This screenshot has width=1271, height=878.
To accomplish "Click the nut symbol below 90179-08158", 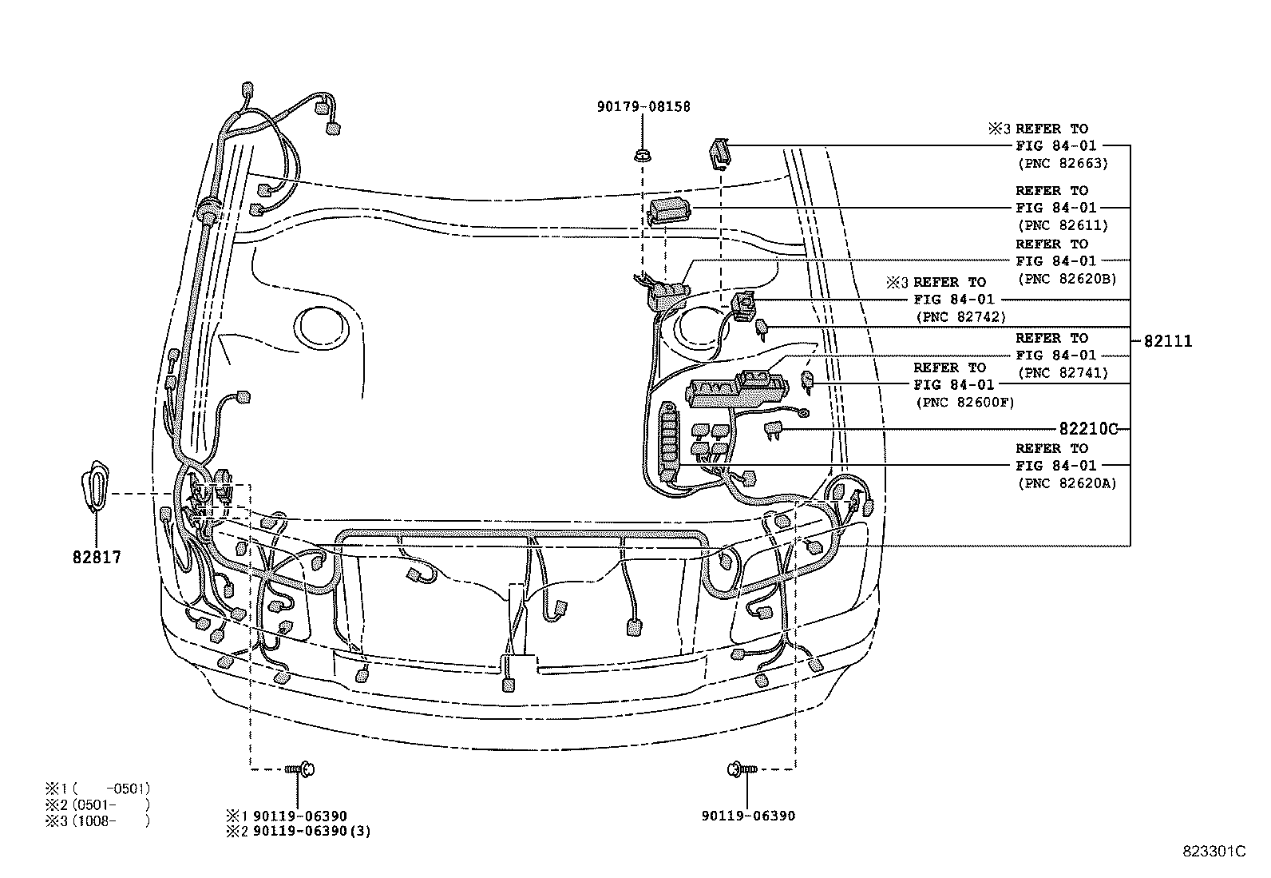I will pyautogui.click(x=641, y=153).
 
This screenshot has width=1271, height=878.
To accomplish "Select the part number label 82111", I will pyautogui.click(x=1167, y=341).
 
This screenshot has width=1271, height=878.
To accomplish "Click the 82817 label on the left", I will pyautogui.click(x=96, y=557).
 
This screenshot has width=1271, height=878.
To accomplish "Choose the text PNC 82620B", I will pyautogui.click(x=1067, y=279).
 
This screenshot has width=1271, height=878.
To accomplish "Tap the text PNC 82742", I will pyautogui.click(x=961, y=316).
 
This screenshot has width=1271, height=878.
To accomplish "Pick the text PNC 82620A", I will pyautogui.click(x=1067, y=483).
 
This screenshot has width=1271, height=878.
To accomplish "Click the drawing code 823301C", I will pyautogui.click(x=1214, y=851).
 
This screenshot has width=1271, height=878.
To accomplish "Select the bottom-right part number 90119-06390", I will pyautogui.click(x=748, y=816).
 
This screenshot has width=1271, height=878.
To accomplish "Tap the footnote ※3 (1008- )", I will pyautogui.click(x=97, y=820).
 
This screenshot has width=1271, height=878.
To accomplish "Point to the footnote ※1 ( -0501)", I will pyautogui.click(x=97, y=789).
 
